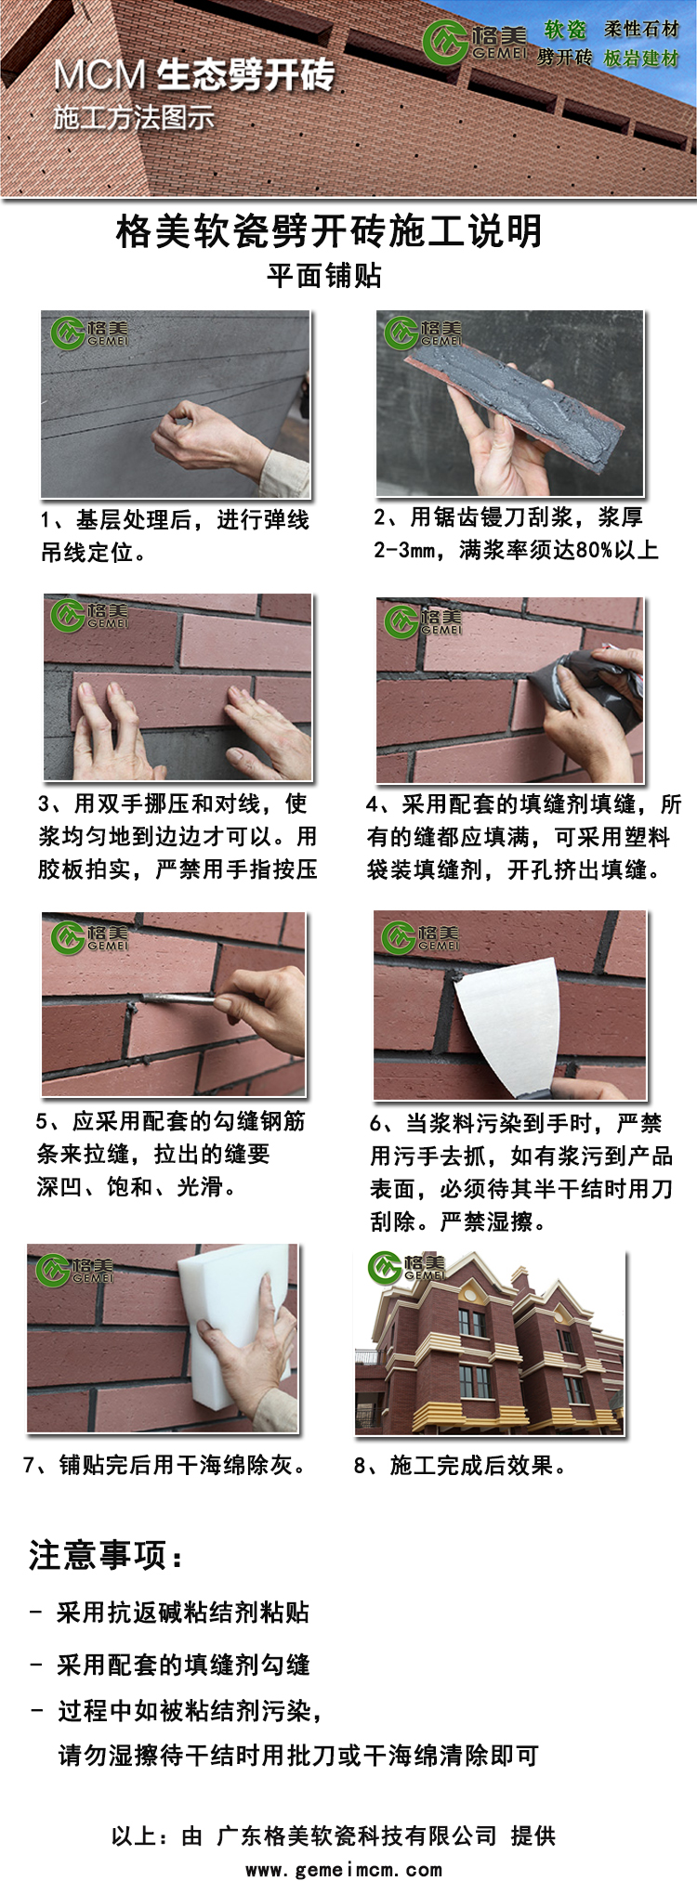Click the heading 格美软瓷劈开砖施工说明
coord(329,232)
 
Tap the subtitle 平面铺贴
coord(324,276)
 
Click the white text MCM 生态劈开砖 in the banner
coord(193,75)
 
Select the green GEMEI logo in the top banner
coord(444,42)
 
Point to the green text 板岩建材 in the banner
coord(641,59)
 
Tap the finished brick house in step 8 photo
coord(489,1347)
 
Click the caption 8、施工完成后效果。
coord(460,1466)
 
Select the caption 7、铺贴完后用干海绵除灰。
coord(164,1465)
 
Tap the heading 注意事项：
coord(107,1554)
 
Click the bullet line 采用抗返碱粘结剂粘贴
coord(182,1613)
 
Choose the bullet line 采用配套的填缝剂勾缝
coord(182,1665)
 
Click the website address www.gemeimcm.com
coord(343,1870)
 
